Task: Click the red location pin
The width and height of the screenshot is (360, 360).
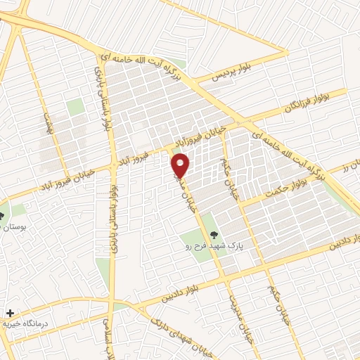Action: [x=181, y=166]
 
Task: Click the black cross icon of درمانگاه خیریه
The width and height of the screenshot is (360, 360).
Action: [x=8, y=312]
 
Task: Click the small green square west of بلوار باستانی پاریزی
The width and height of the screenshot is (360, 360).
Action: [x=75, y=107]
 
